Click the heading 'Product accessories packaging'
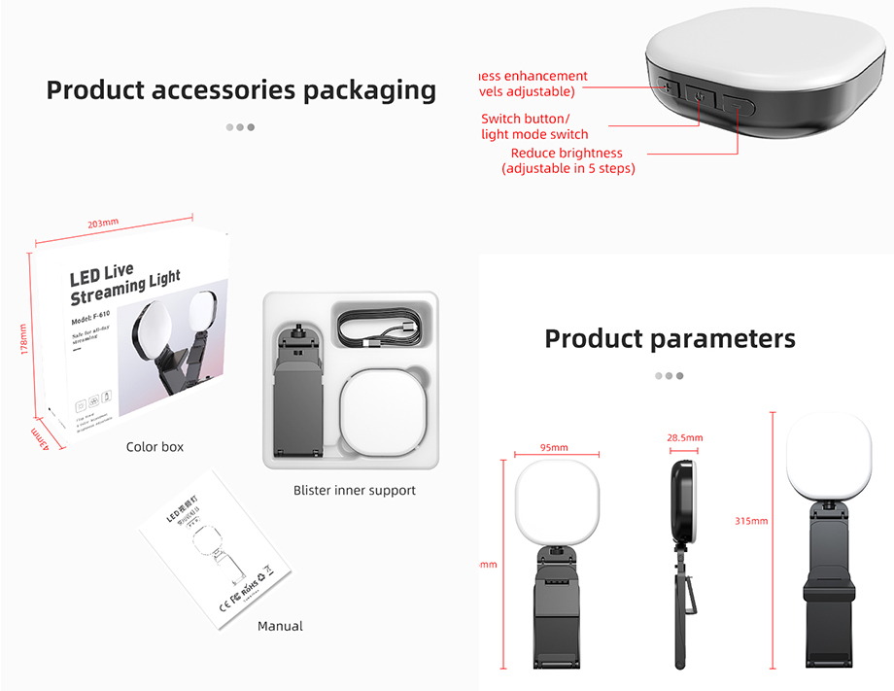click(241, 90)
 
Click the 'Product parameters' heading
click(670, 338)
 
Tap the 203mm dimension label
click(103, 224)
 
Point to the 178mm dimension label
click(24, 339)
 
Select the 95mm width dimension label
click(553, 447)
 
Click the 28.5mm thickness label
click(684, 438)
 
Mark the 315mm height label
click(751, 521)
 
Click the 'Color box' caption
click(155, 447)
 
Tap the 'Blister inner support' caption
click(354, 490)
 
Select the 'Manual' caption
click(280, 626)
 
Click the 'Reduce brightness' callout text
click(567, 153)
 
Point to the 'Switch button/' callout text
click(526, 119)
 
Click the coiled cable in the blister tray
click(379, 326)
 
